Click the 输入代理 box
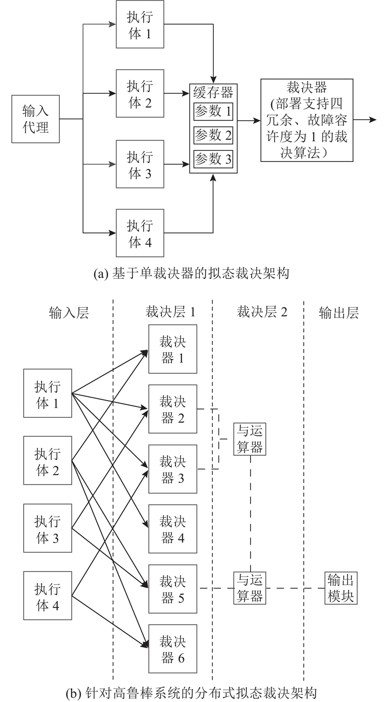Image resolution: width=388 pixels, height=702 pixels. [35, 119]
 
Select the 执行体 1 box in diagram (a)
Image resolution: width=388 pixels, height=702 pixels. [140, 24]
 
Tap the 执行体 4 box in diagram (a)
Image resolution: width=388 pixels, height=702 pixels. [140, 233]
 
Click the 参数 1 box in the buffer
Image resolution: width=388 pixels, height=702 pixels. [213, 112]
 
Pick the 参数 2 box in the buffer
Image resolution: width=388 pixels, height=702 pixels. [213, 135]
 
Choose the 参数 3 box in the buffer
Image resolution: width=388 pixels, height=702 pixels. [213, 159]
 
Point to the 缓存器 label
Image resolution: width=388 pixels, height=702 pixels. [213, 92]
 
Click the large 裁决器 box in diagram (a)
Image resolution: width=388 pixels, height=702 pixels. [307, 120]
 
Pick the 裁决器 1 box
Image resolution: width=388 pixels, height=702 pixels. [173, 350]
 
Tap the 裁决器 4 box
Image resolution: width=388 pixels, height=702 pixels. [173, 529]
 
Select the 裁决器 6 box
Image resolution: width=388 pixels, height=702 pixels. [173, 649]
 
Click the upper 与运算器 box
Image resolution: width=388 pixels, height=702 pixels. [250, 439]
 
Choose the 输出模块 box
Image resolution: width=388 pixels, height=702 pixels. [340, 588]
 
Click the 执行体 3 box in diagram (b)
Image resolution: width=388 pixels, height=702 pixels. [48, 528]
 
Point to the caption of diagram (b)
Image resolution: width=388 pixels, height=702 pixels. [194, 690]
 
